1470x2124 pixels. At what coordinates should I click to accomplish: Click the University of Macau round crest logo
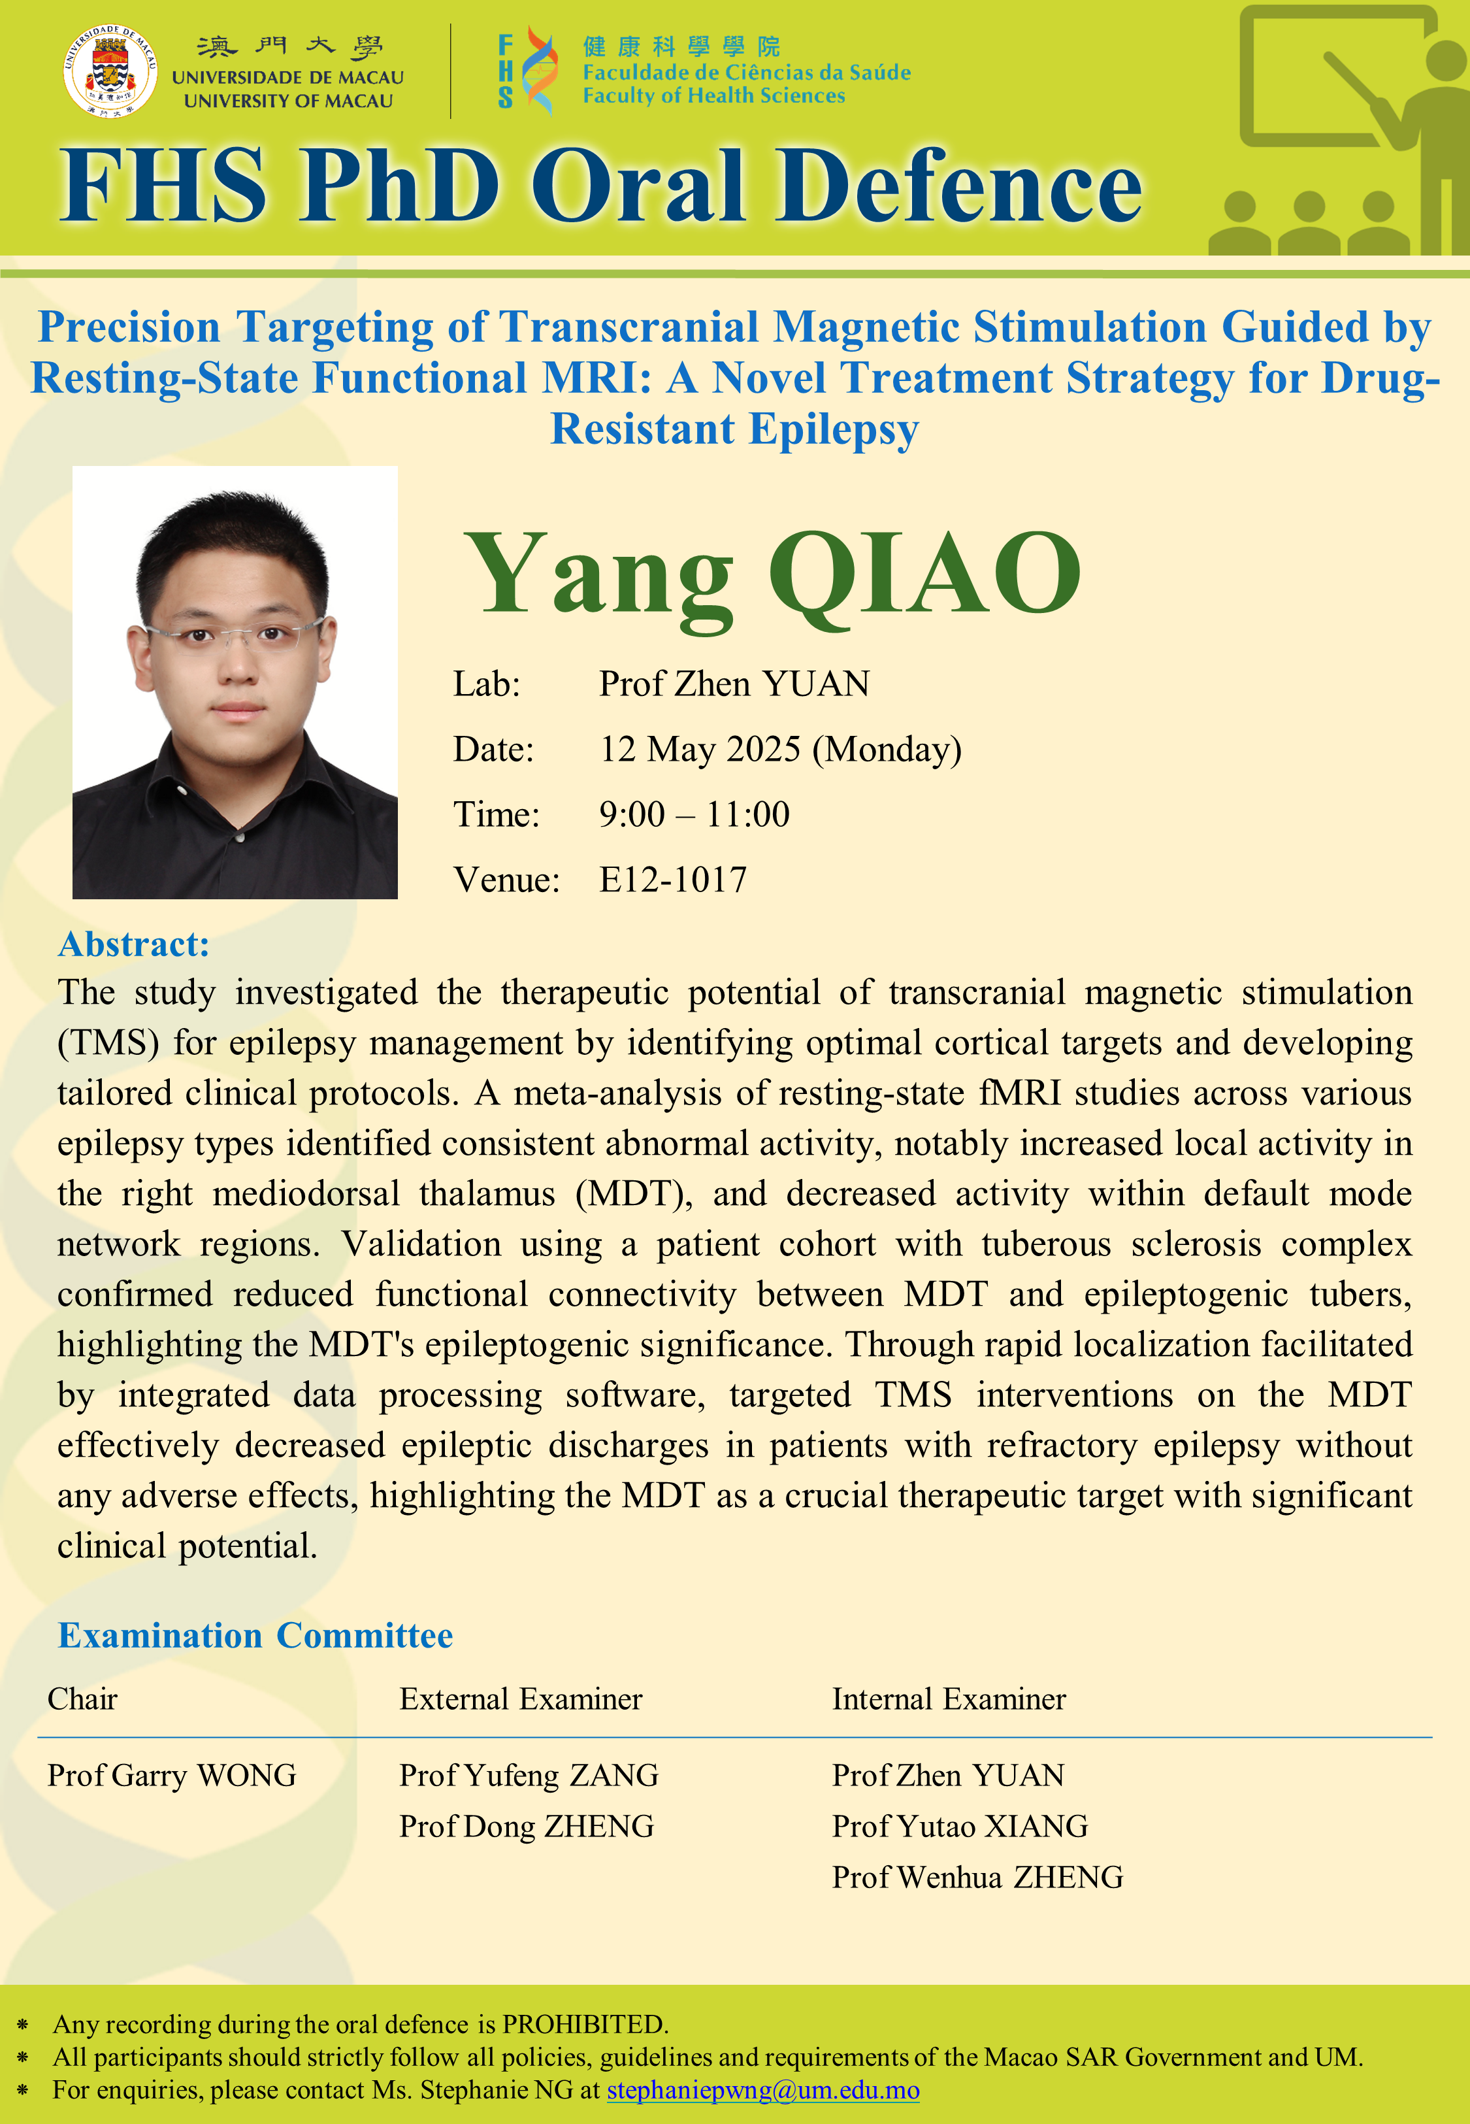(x=110, y=72)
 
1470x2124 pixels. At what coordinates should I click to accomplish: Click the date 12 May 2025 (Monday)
(x=780, y=750)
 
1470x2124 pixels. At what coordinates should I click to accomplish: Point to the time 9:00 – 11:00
(x=694, y=814)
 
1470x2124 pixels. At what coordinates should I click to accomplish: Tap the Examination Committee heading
(x=255, y=1635)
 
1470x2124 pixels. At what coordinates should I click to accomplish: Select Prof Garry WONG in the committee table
(x=172, y=1776)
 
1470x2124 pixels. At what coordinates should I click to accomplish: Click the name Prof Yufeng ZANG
(x=529, y=1776)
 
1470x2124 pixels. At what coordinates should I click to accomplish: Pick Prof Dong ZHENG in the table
(x=527, y=1827)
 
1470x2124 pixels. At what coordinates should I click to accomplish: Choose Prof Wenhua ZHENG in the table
(x=977, y=1877)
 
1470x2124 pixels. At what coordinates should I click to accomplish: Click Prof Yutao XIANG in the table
(x=960, y=1827)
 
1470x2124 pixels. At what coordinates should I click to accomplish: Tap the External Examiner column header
(x=521, y=1699)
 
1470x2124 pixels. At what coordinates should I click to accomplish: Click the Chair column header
(x=83, y=1699)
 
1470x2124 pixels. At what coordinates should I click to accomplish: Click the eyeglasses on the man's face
(x=235, y=634)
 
